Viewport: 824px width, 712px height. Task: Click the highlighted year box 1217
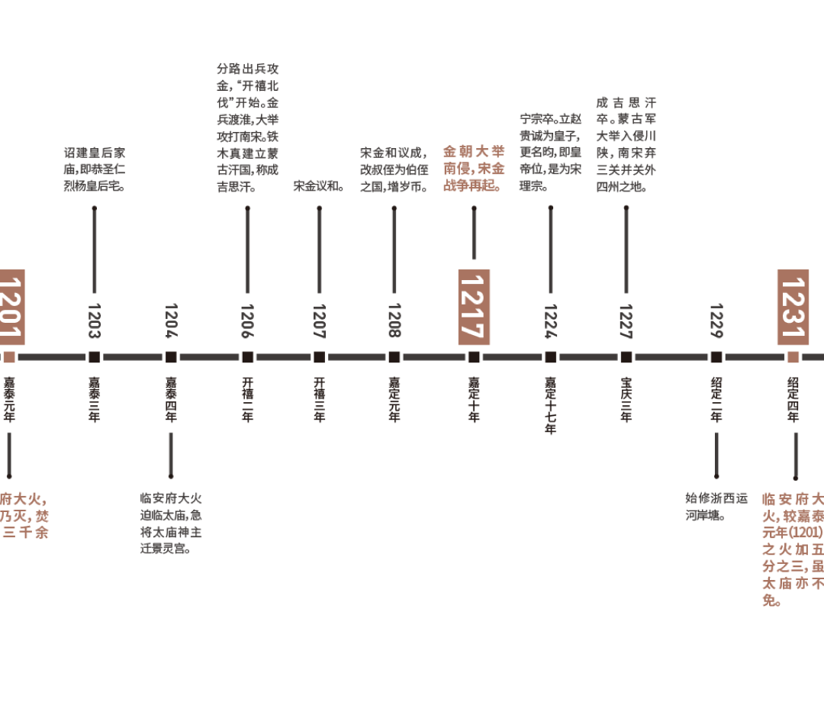coord(474,307)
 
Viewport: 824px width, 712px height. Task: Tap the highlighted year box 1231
coord(793,307)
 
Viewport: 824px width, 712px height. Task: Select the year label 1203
coord(94,321)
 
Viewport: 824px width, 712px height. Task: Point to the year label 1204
coord(170,321)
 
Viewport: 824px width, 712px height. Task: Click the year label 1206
coord(247,321)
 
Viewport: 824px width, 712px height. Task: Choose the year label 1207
coord(319,321)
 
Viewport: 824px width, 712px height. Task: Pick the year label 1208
coord(394,321)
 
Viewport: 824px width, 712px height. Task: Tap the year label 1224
coord(550,321)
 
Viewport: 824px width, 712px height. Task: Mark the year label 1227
coord(626,321)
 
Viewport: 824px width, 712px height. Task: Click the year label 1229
coord(716,321)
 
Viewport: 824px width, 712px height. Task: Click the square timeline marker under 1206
coord(247,356)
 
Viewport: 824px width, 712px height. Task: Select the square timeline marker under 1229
coord(716,356)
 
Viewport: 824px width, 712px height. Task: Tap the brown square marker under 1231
coord(793,356)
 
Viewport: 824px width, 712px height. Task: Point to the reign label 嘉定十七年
coord(550,405)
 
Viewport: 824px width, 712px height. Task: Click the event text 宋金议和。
coord(319,185)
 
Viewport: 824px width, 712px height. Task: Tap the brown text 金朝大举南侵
coord(474,159)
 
